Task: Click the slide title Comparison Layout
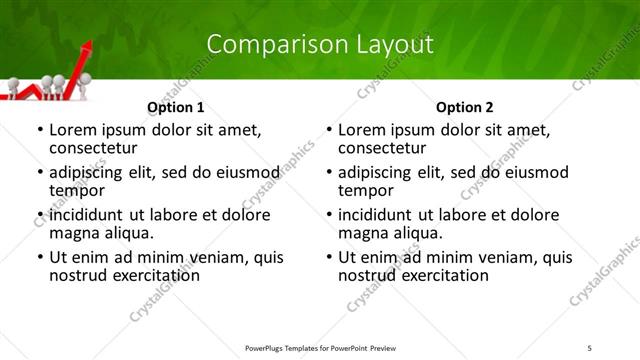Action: click(x=319, y=44)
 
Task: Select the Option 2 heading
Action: click(x=465, y=107)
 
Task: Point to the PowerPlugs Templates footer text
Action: click(x=319, y=348)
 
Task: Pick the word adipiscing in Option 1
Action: click(x=90, y=172)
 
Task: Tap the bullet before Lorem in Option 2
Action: click(x=328, y=130)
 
